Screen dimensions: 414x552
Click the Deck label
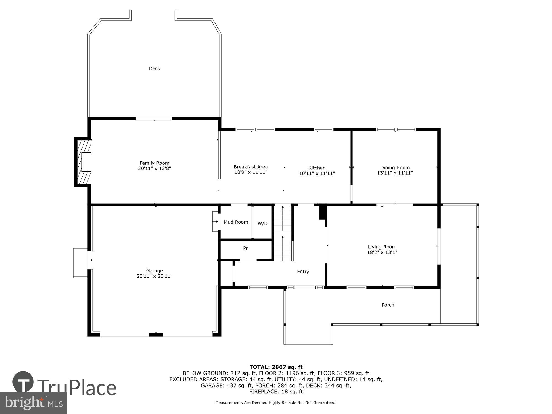[x=154, y=68]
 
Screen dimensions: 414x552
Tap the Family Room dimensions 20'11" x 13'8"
[x=154, y=168]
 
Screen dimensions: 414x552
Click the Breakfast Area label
[x=250, y=167]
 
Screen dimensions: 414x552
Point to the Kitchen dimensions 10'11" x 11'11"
[x=317, y=173]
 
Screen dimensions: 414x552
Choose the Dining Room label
[x=395, y=168]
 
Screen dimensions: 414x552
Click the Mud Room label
[x=236, y=222]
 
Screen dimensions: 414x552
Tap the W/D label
[x=262, y=224]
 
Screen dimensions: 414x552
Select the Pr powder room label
[x=245, y=248]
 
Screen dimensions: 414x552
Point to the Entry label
[x=303, y=272]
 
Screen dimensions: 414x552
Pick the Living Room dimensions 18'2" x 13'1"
[x=382, y=252]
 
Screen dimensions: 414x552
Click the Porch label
[x=388, y=305]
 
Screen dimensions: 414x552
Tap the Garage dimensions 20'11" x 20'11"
[x=154, y=276]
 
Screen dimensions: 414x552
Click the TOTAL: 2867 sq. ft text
[x=276, y=367]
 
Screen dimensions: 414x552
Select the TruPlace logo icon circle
[x=23, y=382]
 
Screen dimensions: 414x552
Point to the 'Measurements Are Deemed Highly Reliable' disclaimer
[x=276, y=403]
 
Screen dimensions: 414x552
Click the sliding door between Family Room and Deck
[x=153, y=119]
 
